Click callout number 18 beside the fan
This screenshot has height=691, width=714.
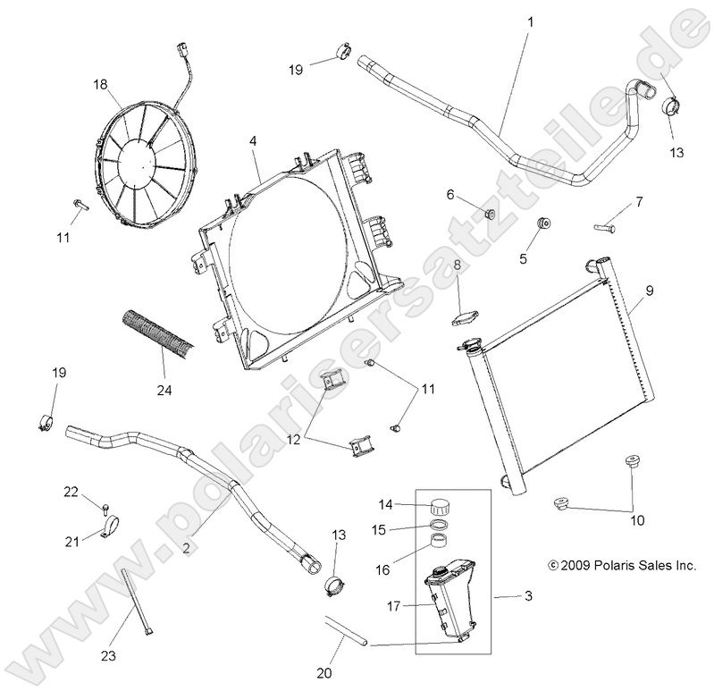pyautogui.click(x=100, y=85)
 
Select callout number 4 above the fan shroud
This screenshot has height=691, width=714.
pyautogui.click(x=253, y=141)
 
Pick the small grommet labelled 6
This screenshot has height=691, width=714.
pyautogui.click(x=489, y=213)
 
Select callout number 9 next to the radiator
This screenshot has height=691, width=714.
pyautogui.click(x=650, y=290)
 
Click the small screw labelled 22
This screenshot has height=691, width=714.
pyautogui.click(x=106, y=509)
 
